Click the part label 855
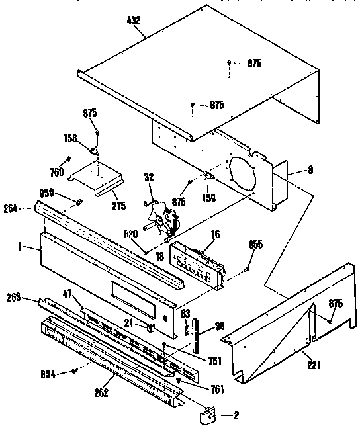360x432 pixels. [255, 245]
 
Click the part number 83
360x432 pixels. [186, 312]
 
